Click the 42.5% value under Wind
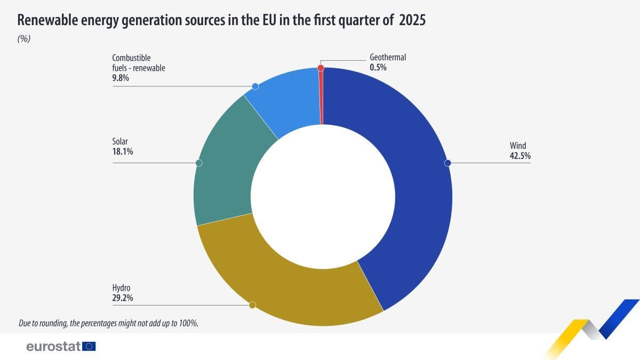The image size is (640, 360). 520,156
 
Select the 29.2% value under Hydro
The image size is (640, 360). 123,298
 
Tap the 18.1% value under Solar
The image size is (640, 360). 123,151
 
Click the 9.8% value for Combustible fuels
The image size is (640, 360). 121,77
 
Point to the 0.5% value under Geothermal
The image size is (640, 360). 378,67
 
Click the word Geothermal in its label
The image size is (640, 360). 388,57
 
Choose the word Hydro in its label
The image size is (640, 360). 121,289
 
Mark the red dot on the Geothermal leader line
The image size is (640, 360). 321,68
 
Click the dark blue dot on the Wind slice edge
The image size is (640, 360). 448,163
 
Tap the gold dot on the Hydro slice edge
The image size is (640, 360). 252,305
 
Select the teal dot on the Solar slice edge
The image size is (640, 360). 199,163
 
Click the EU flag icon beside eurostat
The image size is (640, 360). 89,347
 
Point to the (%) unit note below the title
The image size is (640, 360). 24,39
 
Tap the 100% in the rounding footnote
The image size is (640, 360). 188,323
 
